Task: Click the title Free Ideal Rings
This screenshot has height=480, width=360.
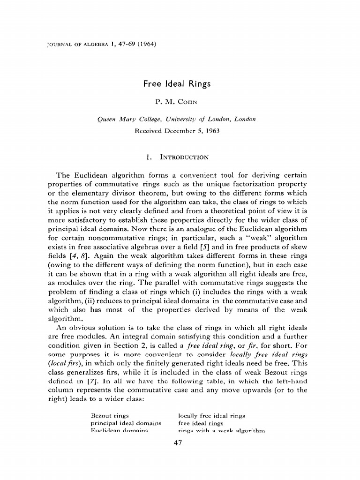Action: (177, 84)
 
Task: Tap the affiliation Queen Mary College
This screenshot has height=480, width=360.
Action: (126, 120)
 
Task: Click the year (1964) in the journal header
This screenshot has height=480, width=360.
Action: (146, 45)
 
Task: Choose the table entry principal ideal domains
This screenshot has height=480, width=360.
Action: (125, 423)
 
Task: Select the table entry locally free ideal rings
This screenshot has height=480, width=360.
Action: (211, 416)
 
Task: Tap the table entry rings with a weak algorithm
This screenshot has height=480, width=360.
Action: (222, 430)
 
